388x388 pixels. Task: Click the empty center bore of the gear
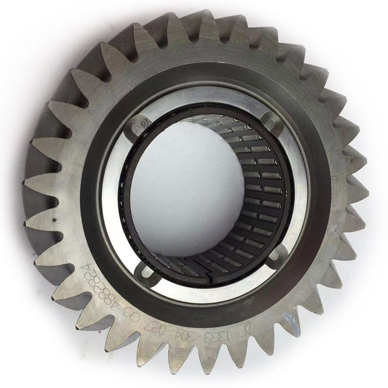pos(194,194)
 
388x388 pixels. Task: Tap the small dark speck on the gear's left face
pos(55,214)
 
